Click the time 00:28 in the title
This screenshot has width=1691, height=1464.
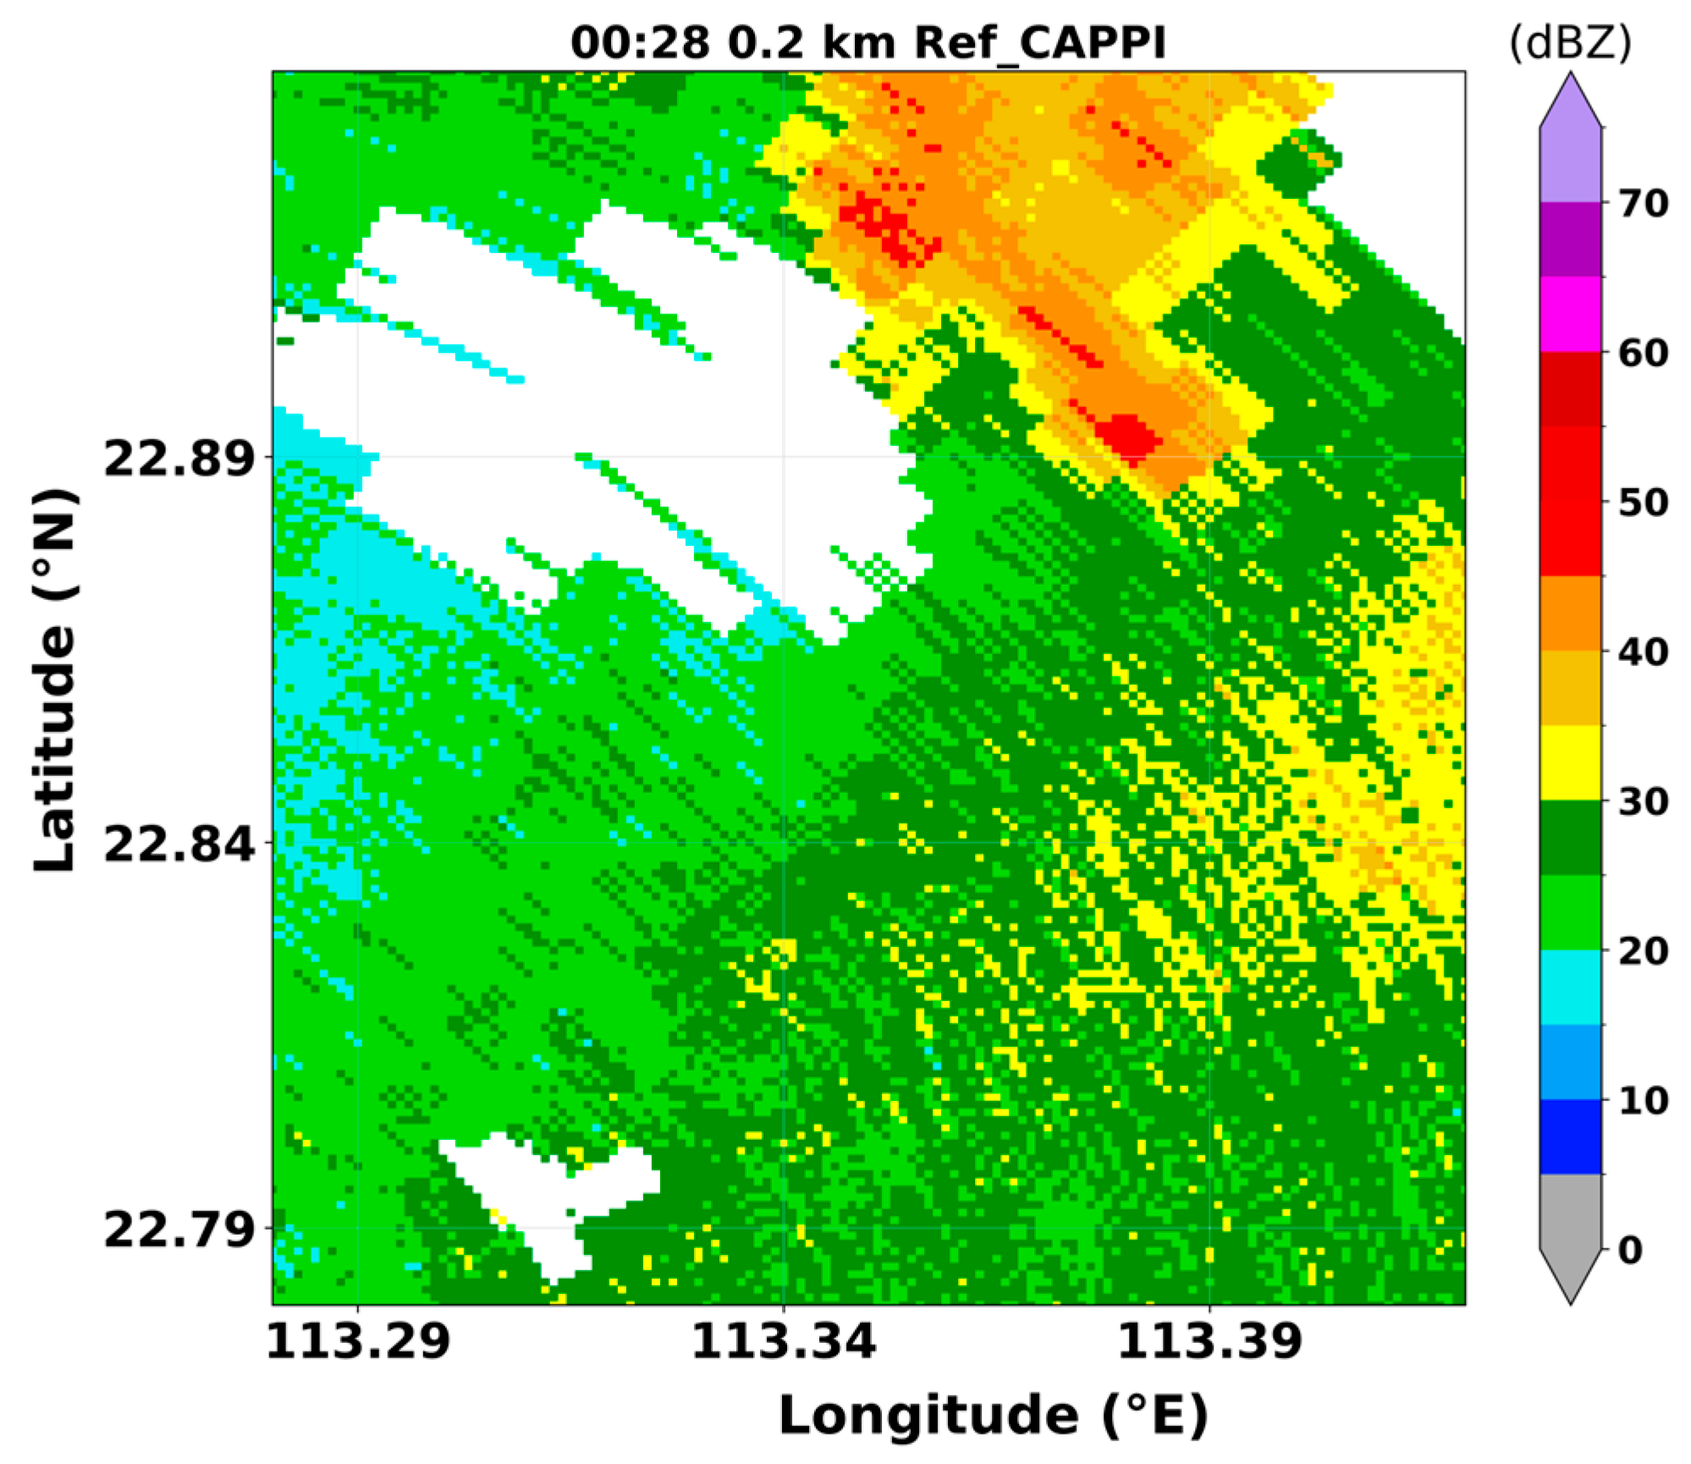point(640,42)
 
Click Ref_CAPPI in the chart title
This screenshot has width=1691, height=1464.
point(1040,42)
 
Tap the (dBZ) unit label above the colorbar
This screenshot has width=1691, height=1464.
point(1570,42)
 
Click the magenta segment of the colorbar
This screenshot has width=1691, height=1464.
point(1570,315)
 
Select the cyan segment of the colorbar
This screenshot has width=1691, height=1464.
point(1570,987)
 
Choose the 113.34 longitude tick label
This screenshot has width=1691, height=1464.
point(784,1342)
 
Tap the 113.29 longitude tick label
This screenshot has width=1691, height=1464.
point(358,1342)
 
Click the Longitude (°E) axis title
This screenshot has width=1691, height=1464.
point(994,1416)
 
